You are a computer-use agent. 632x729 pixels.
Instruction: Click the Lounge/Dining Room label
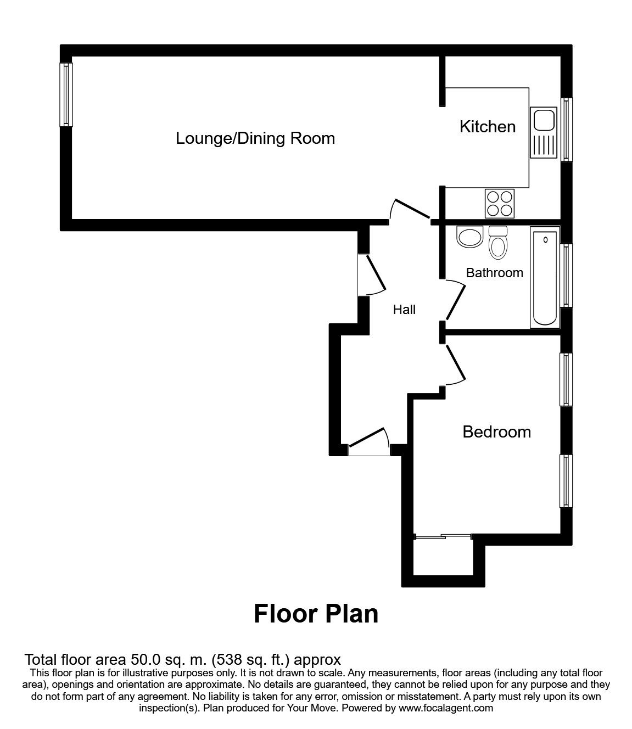(x=255, y=138)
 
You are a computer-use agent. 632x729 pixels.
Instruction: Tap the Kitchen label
(x=487, y=127)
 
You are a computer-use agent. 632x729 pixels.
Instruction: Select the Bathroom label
(x=494, y=273)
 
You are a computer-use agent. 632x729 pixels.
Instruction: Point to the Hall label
(x=404, y=310)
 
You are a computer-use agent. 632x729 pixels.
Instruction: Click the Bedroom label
(x=496, y=432)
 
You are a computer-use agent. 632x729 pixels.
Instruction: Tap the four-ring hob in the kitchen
(x=500, y=203)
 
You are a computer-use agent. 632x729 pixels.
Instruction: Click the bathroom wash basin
(x=469, y=238)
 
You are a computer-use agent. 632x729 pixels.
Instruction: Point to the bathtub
(x=544, y=279)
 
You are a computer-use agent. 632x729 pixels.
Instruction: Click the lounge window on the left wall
(x=66, y=94)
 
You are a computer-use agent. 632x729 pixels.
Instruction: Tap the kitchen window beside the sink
(x=566, y=130)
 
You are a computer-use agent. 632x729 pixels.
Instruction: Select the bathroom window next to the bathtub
(x=566, y=274)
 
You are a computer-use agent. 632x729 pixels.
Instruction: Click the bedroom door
(x=456, y=364)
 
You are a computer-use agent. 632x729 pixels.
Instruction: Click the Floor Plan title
(x=316, y=613)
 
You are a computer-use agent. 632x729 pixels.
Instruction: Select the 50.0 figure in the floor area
(x=145, y=659)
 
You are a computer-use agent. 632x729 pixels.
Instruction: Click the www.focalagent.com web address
(x=446, y=708)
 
